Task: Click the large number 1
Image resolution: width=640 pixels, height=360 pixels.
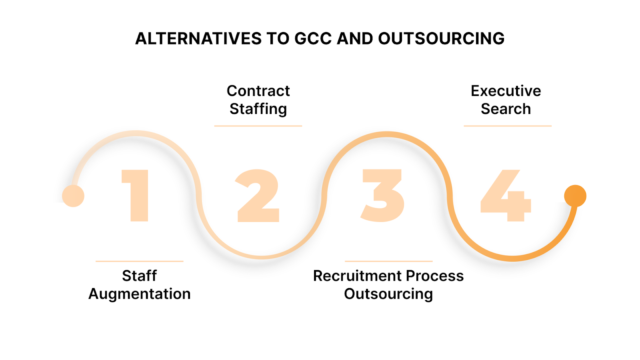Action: coord(139,195)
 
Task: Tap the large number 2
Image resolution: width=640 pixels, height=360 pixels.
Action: coord(258,195)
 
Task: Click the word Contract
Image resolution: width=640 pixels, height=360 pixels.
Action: coord(258,91)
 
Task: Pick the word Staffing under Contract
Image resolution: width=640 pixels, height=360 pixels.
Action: coord(258,108)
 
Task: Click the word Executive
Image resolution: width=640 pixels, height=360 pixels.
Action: coord(506,91)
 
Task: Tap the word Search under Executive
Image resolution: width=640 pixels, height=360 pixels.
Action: coord(506,108)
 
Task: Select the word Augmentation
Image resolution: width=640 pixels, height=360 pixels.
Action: coord(139,293)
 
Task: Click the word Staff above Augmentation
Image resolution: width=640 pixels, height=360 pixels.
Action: coord(139,276)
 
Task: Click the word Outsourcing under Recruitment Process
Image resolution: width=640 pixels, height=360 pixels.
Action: coord(388,293)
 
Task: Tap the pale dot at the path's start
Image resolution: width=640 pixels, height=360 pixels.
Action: coord(72,195)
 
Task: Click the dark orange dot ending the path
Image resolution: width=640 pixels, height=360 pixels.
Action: coord(574,195)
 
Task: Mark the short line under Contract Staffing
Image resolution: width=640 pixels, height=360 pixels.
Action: coord(258,126)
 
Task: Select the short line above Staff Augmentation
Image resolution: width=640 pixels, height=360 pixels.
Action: coord(139,261)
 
